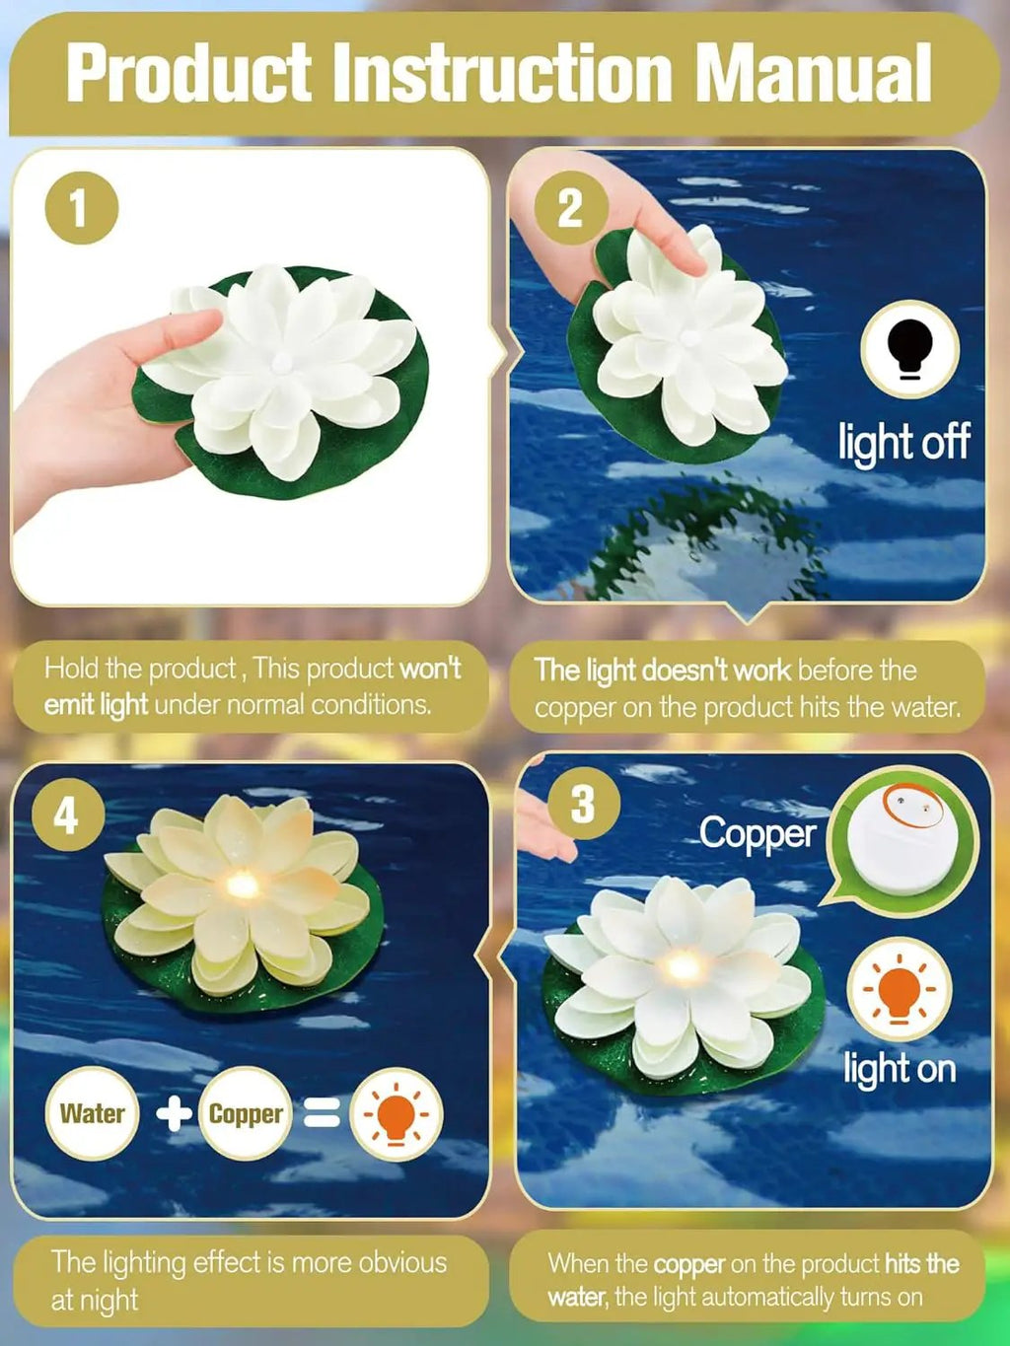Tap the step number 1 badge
pos(81,208)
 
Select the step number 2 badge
pos(570,208)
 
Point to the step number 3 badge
pos(583,804)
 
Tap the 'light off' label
pos(903,442)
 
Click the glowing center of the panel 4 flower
pos(243,885)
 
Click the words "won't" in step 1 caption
pos(430,668)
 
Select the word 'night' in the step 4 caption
pos(111,1300)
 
